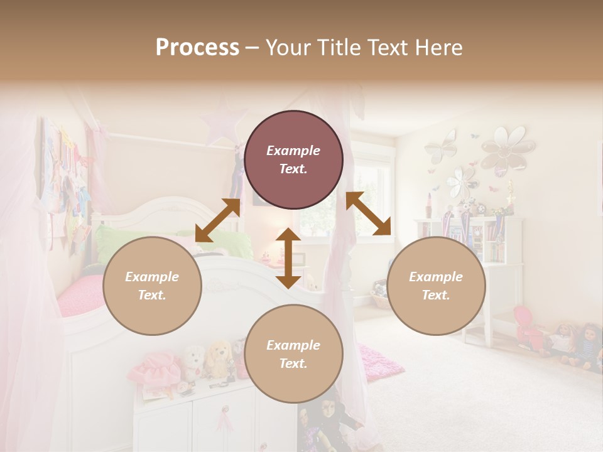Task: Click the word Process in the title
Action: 197,48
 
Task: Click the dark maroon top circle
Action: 293,159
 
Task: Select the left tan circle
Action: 152,286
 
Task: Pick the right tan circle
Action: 436,286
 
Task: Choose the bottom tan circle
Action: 293,354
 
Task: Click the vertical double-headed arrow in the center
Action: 288,258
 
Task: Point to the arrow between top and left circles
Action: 217,220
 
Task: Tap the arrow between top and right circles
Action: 369,213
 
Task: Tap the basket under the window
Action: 379,295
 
